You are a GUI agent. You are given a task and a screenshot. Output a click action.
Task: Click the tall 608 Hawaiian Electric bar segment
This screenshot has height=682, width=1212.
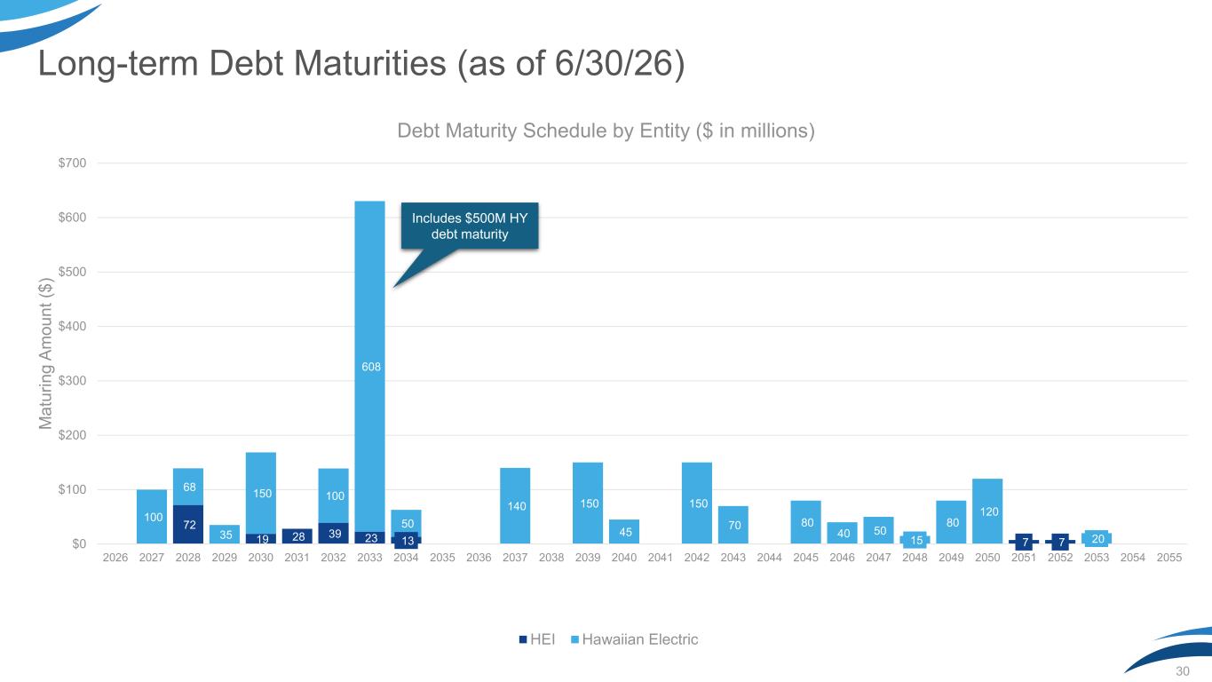coord(369,367)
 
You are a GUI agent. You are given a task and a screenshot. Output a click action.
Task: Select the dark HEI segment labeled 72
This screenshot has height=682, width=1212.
coord(188,525)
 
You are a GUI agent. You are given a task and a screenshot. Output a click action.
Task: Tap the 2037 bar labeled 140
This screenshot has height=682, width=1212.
coord(515,505)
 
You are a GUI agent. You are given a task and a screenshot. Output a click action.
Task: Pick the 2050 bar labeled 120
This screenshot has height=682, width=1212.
coord(987,511)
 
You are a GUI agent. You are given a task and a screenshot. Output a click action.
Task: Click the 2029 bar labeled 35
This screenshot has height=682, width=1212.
coord(225,535)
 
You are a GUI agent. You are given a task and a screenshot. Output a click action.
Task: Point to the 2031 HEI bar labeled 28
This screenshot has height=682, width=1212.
coord(297,536)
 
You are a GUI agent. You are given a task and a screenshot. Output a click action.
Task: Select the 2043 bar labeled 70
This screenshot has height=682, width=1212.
coord(733,525)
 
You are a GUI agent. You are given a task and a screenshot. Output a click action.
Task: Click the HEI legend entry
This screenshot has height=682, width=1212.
coord(536,639)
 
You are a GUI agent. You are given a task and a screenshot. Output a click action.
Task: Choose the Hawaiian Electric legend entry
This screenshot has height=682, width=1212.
coord(634,639)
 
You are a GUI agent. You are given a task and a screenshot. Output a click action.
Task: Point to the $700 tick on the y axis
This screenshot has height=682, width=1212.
coord(72,163)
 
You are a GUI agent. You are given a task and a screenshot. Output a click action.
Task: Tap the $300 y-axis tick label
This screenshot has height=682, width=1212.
coord(72,380)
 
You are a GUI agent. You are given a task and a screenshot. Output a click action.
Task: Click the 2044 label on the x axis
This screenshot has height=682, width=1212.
coord(770,558)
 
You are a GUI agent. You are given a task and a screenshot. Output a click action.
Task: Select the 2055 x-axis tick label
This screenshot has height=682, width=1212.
coord(1169,558)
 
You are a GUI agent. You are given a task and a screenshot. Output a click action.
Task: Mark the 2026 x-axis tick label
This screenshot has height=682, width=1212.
coord(115,558)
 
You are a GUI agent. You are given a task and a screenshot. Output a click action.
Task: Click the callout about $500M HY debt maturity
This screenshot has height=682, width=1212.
coord(470,226)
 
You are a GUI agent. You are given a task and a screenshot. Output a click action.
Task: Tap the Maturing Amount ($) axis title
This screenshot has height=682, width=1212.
coord(46,353)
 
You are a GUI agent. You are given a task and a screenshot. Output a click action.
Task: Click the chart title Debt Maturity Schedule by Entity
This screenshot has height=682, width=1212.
coord(606,131)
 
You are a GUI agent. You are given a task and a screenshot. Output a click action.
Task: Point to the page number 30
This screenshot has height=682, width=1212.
coord(1182,671)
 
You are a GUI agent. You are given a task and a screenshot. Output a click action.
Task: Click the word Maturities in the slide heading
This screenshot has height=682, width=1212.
coord(370,63)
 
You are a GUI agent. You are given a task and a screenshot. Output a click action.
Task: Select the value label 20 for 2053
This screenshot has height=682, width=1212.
coord(1097,538)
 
